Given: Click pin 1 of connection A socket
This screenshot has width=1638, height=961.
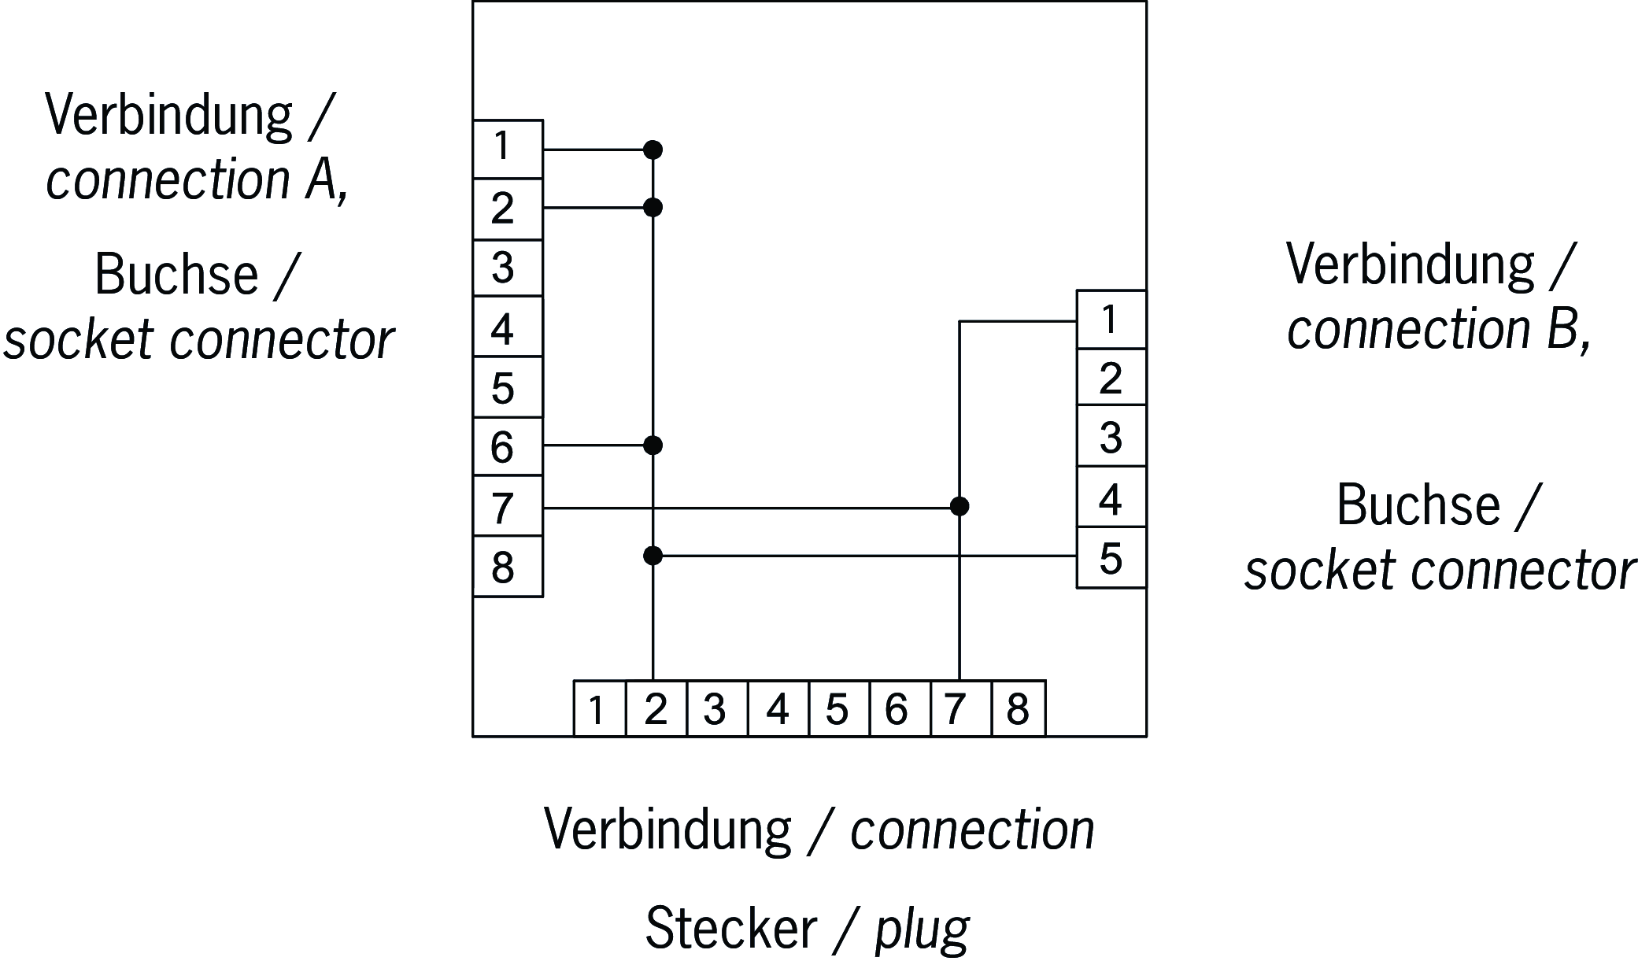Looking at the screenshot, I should click(508, 149).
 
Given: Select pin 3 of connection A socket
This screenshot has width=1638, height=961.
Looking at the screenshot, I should click(508, 268).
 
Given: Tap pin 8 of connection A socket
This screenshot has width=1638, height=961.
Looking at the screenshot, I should click(508, 567).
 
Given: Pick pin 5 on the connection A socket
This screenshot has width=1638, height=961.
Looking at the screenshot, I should click(508, 387).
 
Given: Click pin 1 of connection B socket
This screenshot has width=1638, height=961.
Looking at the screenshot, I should click(1111, 320).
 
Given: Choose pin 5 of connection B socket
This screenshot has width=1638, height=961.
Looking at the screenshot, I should click(1111, 558).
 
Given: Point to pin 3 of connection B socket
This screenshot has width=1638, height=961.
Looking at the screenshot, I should click(1111, 437).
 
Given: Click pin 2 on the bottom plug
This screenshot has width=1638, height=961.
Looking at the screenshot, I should click(656, 709).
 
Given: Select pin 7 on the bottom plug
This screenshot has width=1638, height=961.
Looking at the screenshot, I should click(960, 709).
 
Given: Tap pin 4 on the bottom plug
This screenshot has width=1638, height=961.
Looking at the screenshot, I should click(778, 709).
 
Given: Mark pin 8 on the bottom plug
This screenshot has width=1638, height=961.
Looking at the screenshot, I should click(1018, 709).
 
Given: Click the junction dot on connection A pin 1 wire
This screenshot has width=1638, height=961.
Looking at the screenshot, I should click(653, 150).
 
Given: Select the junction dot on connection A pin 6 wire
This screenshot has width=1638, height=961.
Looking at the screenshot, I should click(653, 445).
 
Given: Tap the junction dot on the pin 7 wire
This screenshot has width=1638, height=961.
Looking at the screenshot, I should click(959, 506).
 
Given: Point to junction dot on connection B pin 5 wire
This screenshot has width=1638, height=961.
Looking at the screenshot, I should click(653, 556).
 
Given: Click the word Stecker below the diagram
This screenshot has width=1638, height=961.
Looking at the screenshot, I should click(730, 929).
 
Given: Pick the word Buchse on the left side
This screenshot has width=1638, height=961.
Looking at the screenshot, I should click(176, 275).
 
